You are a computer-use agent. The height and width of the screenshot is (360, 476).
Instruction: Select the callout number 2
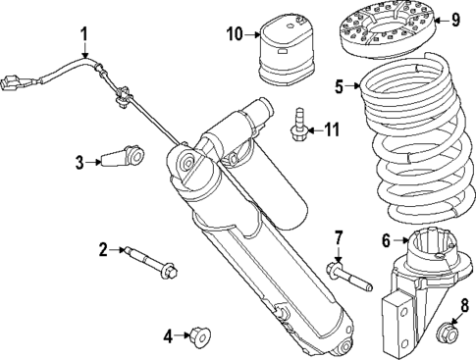click(102, 251)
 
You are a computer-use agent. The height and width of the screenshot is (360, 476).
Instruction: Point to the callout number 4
click(168, 336)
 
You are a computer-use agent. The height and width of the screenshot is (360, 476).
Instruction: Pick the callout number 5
click(339, 86)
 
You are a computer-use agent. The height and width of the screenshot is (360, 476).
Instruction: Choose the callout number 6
click(386, 239)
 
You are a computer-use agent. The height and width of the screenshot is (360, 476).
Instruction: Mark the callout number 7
click(338, 238)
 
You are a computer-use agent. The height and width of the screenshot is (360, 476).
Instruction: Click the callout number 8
click(452, 304)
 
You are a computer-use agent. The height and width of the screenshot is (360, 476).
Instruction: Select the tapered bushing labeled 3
click(124, 157)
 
